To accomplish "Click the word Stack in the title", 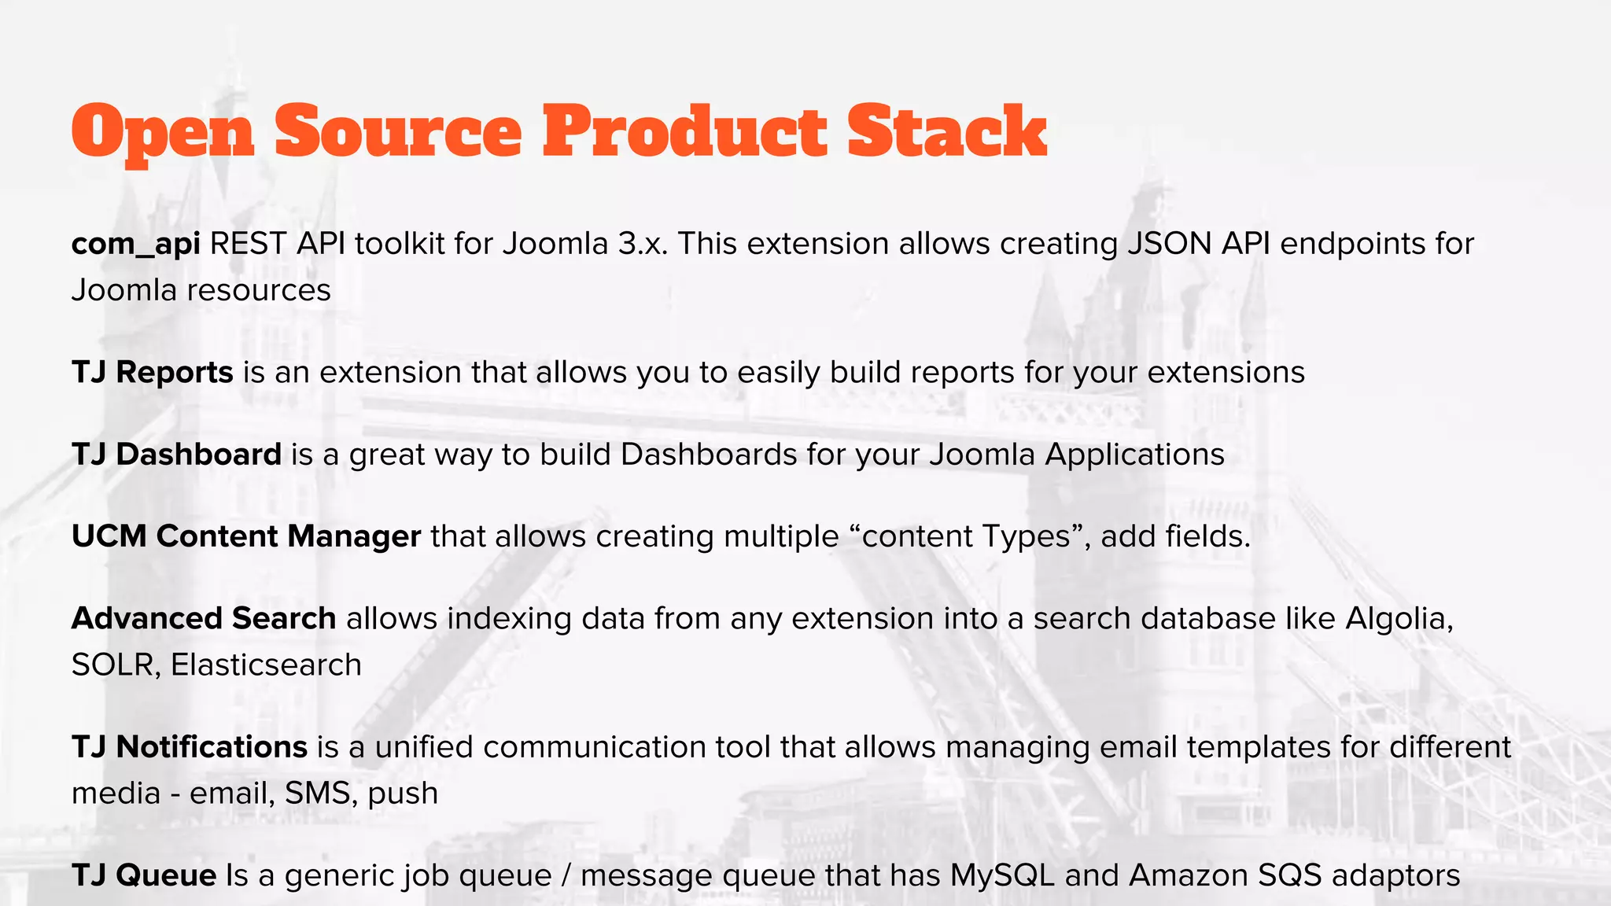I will (946, 131).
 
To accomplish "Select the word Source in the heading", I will (398, 131).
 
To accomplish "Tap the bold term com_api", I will (135, 245).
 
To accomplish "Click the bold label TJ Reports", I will (152, 372).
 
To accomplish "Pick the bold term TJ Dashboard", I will (176, 455).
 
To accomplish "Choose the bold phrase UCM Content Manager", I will (245, 536).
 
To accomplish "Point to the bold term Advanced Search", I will (204, 619).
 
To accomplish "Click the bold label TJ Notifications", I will (189, 747).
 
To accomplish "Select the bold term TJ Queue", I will (143, 875).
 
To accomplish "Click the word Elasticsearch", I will (266, 665).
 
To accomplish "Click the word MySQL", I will (1002, 875).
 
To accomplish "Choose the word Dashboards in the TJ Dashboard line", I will (708, 455).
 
